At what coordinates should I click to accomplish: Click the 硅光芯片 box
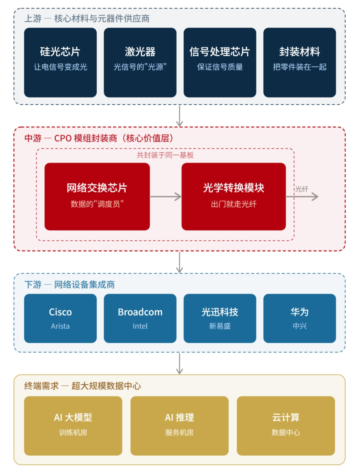(x=60, y=62)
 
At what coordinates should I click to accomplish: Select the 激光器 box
(x=140, y=62)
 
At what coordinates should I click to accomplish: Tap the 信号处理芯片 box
(x=220, y=62)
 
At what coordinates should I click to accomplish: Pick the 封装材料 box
(x=299, y=62)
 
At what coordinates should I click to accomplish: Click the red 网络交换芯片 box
(x=97, y=196)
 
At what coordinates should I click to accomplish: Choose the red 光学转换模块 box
(x=233, y=196)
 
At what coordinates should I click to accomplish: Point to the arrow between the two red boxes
(x=165, y=197)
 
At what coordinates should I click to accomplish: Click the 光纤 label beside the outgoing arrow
(x=302, y=189)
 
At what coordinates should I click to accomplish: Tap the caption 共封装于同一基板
(x=165, y=155)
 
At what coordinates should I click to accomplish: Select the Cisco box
(x=60, y=318)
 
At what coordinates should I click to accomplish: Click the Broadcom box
(x=140, y=318)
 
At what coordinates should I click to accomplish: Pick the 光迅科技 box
(x=220, y=318)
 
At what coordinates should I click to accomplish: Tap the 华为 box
(x=299, y=318)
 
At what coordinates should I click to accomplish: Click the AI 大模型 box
(x=73, y=425)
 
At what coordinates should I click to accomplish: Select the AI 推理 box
(x=179, y=425)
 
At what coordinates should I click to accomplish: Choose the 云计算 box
(x=286, y=425)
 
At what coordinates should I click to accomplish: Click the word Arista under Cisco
(x=60, y=326)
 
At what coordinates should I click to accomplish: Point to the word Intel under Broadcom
(x=140, y=326)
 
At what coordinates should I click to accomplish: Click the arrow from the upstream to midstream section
(x=179, y=116)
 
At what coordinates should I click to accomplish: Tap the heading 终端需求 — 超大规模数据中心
(x=83, y=386)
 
